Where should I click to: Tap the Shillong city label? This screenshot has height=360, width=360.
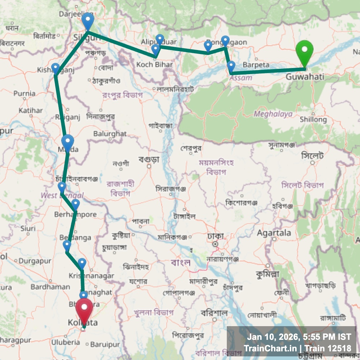point(313,119)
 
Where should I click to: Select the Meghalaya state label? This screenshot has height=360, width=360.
point(273,114)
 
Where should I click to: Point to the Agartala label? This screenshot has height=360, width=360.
point(274,233)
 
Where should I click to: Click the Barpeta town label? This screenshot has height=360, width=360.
point(256,65)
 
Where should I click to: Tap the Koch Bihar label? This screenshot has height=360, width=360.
point(154,65)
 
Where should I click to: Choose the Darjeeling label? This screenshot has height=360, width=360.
point(71,14)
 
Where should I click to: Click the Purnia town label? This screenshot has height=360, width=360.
point(24,94)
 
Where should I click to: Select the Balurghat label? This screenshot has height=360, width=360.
point(110,134)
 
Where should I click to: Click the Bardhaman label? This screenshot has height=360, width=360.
point(50,287)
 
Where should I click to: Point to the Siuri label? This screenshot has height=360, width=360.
point(28,228)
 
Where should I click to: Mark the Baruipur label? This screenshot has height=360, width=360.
point(104,345)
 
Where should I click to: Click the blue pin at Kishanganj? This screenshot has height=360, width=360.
point(55,68)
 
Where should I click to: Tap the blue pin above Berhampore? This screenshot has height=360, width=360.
point(75,204)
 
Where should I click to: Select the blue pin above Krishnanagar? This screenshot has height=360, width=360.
point(82,263)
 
